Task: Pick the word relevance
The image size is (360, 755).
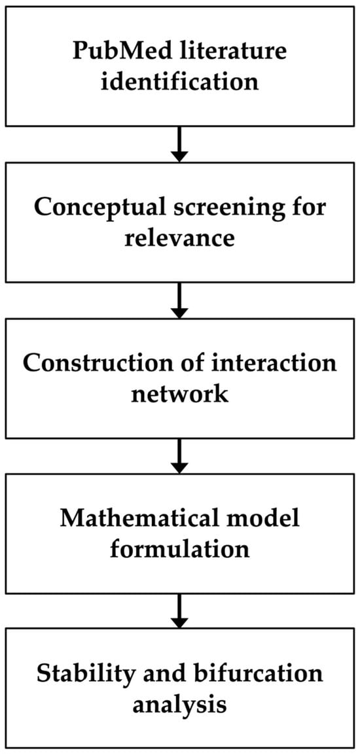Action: coord(179,237)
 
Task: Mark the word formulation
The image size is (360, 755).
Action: coord(179,549)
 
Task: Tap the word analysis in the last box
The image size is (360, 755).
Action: coord(179,704)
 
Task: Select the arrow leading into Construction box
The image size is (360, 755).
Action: coord(179,300)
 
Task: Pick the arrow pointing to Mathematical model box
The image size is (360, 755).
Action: coord(179,455)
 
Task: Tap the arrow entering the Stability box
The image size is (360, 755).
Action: coord(179,610)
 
